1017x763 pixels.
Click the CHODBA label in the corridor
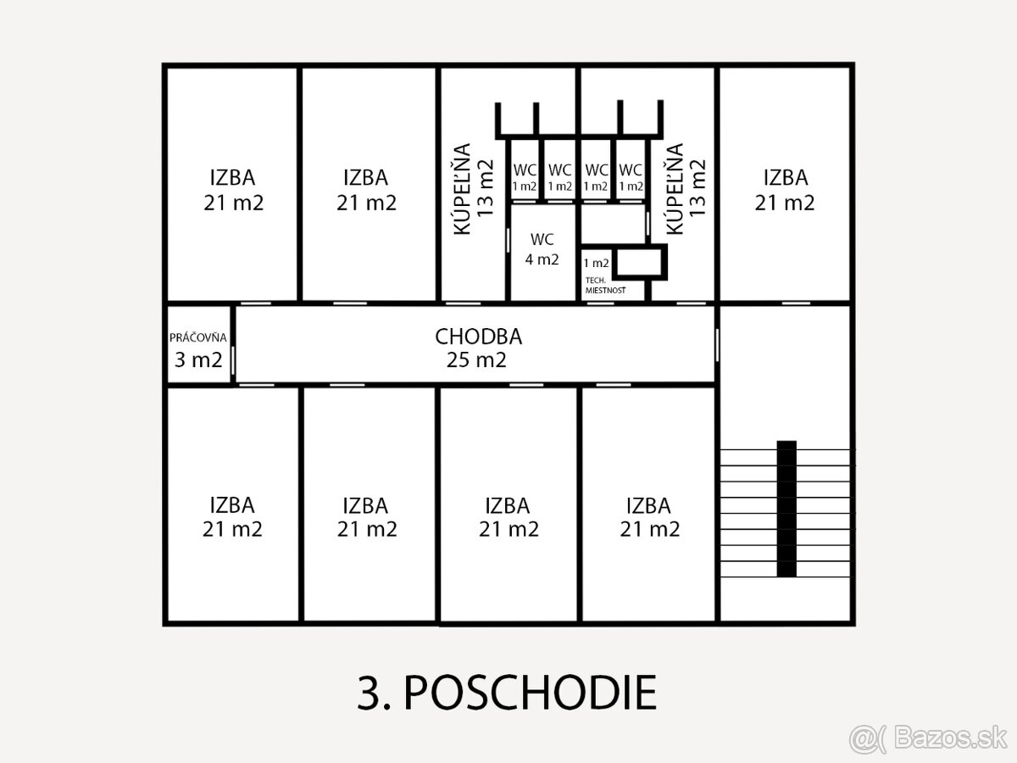478,337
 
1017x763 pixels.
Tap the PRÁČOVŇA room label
197,337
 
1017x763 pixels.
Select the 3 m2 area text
198,360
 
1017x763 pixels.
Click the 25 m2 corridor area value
476,360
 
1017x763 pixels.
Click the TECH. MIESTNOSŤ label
605,286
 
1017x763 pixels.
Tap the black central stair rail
786,509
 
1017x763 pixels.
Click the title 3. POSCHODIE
507,693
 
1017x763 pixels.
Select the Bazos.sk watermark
927,738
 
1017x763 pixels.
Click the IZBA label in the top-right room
786,177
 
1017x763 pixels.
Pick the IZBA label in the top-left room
232,177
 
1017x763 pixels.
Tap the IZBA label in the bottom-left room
232,505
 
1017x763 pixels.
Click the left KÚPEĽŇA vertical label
462,188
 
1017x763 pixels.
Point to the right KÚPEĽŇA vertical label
675,188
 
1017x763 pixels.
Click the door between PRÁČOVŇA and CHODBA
233,360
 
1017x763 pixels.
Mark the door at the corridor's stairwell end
717,345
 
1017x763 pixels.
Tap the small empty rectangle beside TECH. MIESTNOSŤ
640,263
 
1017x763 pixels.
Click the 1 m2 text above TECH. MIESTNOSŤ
596,263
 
